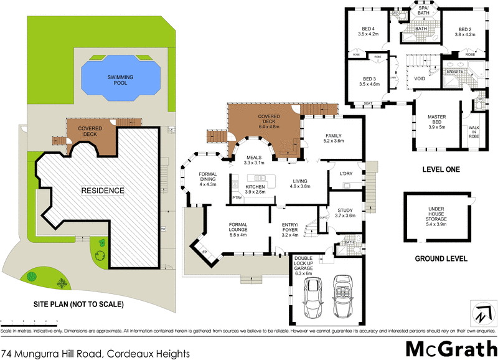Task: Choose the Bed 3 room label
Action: click(369, 82)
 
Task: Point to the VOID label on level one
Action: click(420, 79)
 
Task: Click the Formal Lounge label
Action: click(238, 228)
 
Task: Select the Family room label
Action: click(333, 138)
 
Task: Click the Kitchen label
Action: click(255, 189)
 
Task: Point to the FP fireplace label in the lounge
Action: click(204, 252)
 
